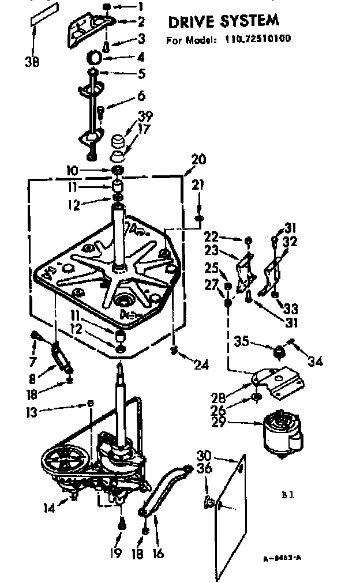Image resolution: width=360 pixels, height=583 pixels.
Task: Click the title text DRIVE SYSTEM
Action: tap(223, 21)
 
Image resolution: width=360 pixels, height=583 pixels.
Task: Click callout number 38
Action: tap(32, 61)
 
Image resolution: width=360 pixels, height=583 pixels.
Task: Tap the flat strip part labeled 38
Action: tap(45, 14)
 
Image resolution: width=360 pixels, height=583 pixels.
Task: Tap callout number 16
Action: tap(157, 554)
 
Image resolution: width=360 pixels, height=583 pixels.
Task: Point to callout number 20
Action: tap(197, 160)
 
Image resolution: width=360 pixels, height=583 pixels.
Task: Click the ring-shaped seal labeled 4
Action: tap(95, 58)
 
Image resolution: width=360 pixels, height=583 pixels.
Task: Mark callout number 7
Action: tap(33, 362)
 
